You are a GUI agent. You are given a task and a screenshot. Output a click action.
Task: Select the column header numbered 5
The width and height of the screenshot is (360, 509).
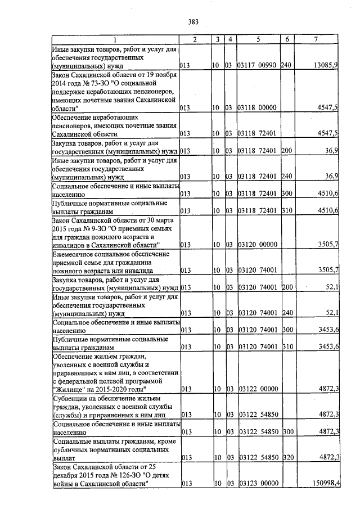(x=258, y=39)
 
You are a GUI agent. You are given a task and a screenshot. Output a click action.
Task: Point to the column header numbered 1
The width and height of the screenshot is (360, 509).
(x=115, y=39)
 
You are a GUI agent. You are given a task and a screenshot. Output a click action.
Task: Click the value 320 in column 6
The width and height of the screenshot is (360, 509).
(x=286, y=457)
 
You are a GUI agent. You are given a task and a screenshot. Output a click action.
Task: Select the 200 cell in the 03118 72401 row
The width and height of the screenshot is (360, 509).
(x=286, y=151)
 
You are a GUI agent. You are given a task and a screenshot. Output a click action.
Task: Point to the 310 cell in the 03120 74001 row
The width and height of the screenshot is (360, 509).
(x=286, y=346)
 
